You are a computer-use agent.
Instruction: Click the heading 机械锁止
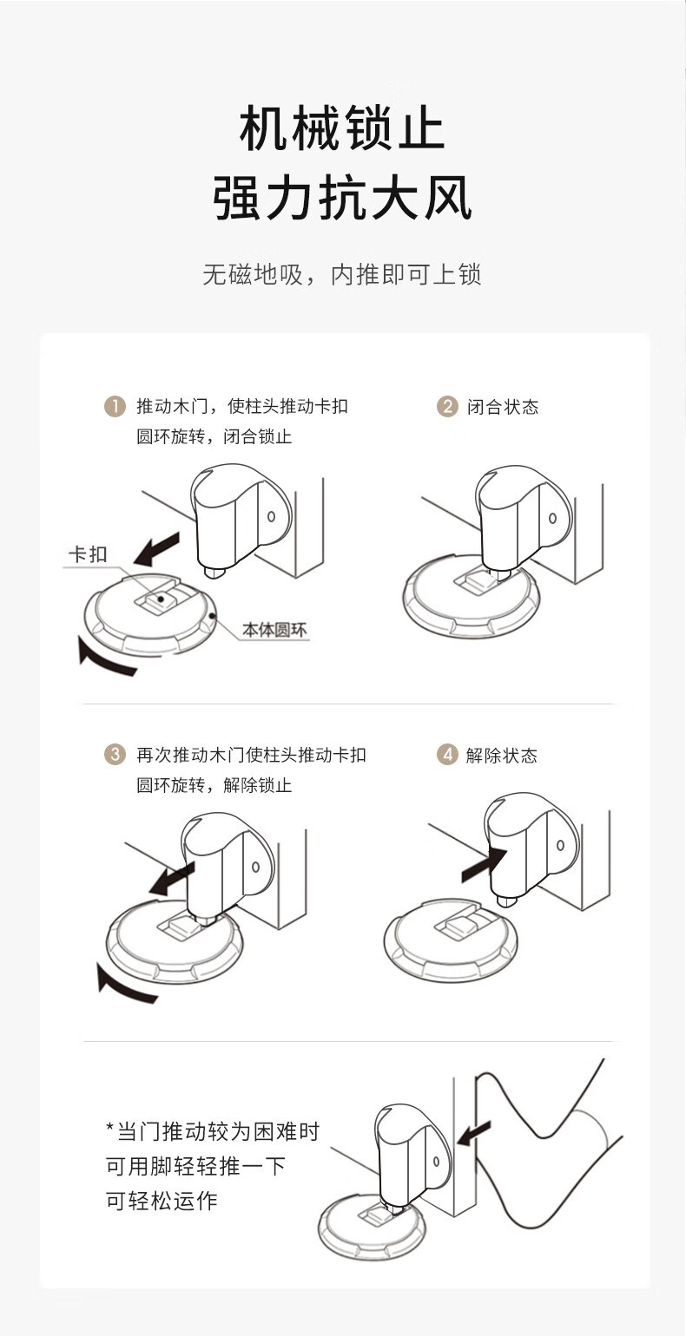click(342, 130)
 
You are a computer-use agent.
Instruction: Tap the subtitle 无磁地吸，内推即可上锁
click(342, 275)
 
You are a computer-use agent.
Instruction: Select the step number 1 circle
click(115, 406)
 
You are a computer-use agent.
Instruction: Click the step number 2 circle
click(447, 406)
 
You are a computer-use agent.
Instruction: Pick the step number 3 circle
click(115, 754)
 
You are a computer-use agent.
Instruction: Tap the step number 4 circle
click(447, 754)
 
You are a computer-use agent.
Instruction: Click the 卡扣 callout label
click(88, 554)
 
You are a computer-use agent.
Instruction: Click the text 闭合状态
click(503, 407)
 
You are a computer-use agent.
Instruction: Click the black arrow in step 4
click(483, 864)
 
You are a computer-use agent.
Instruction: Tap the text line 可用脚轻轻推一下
click(195, 1166)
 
